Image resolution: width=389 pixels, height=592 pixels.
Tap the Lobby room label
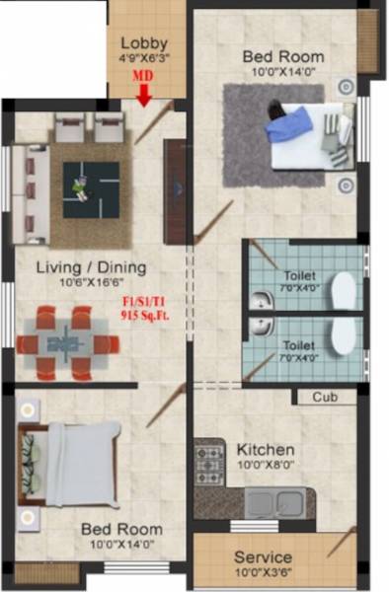pyautogui.click(x=144, y=43)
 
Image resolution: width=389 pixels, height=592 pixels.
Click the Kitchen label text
pyautogui.click(x=266, y=450)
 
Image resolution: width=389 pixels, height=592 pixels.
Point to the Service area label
pyautogui.click(x=263, y=557)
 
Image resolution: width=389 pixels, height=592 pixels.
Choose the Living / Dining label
pyautogui.click(x=91, y=267)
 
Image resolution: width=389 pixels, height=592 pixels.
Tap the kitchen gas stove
pyautogui.click(x=209, y=459)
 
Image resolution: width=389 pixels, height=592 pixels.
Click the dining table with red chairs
pyautogui.click(x=66, y=342)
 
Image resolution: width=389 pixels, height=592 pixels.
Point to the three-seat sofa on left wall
pyautogui.click(x=31, y=192)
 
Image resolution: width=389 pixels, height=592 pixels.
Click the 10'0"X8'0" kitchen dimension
pyautogui.click(x=266, y=467)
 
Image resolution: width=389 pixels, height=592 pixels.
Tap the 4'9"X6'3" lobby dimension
pyautogui.click(x=144, y=59)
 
